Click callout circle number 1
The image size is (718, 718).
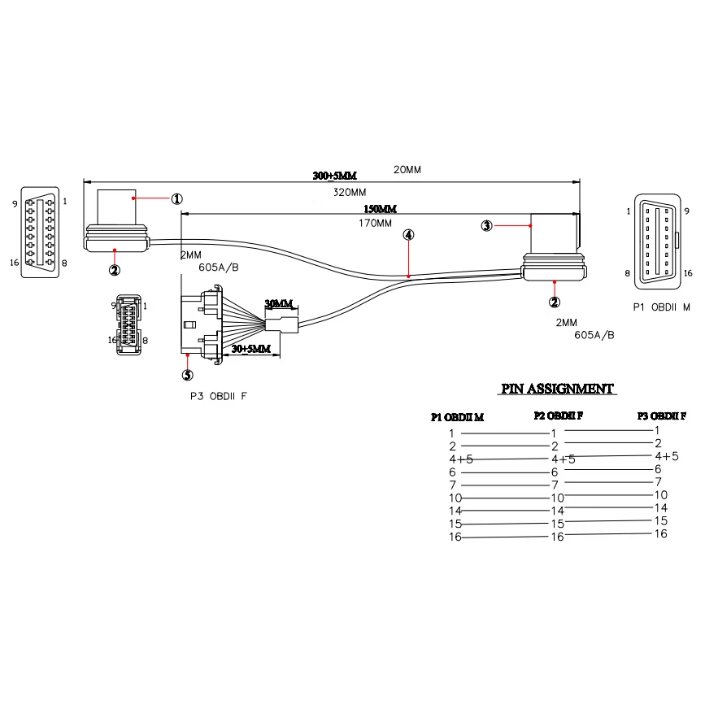click(x=176, y=198)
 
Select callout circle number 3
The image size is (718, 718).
click(x=486, y=225)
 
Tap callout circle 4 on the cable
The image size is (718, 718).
click(x=408, y=235)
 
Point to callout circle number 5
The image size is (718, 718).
click(x=187, y=376)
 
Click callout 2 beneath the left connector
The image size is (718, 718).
click(x=115, y=270)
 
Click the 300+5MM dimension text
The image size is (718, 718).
click(x=334, y=176)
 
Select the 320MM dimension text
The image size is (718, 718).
click(x=350, y=194)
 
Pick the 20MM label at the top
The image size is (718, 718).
click(x=407, y=169)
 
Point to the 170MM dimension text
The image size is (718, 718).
click(x=375, y=223)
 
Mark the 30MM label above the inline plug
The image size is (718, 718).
click(x=279, y=304)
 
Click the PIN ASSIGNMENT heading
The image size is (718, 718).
click(x=557, y=389)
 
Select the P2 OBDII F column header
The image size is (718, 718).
click(x=559, y=416)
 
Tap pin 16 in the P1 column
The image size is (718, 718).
click(x=455, y=537)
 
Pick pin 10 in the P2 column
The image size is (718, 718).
click(x=557, y=497)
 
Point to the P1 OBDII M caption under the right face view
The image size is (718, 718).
click(x=661, y=308)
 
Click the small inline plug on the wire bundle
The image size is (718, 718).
click(x=281, y=327)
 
